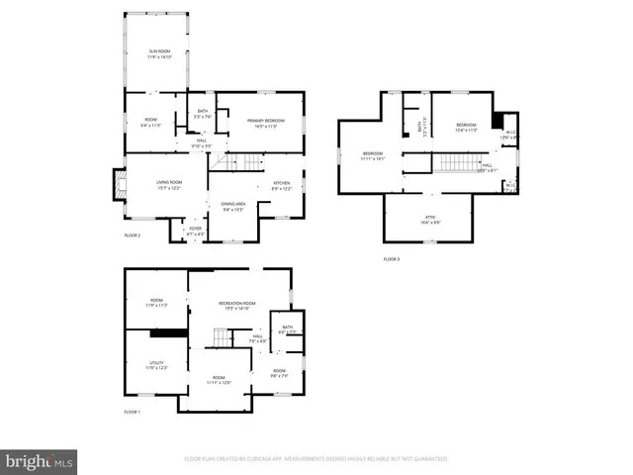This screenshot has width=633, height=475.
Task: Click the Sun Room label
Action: (159, 53)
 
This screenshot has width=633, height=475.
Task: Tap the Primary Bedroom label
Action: (260, 124)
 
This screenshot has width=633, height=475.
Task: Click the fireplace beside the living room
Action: (119, 184)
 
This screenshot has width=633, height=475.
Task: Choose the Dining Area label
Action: (233, 206)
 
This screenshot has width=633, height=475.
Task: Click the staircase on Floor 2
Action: (243, 163)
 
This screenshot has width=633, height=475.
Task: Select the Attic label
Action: (428, 221)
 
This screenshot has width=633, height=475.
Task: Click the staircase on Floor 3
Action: (460, 163)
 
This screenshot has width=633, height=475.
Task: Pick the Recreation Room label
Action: (236, 306)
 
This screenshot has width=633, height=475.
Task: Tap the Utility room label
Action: (156, 364)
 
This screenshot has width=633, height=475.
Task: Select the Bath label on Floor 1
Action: (287, 330)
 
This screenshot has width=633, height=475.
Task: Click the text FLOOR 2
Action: (133, 236)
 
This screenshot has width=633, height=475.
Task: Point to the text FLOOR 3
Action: (392, 259)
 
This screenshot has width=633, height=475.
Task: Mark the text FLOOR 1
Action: (133, 412)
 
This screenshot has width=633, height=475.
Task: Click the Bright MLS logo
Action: (40, 460)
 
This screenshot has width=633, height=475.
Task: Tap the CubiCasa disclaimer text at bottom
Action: (316, 459)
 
